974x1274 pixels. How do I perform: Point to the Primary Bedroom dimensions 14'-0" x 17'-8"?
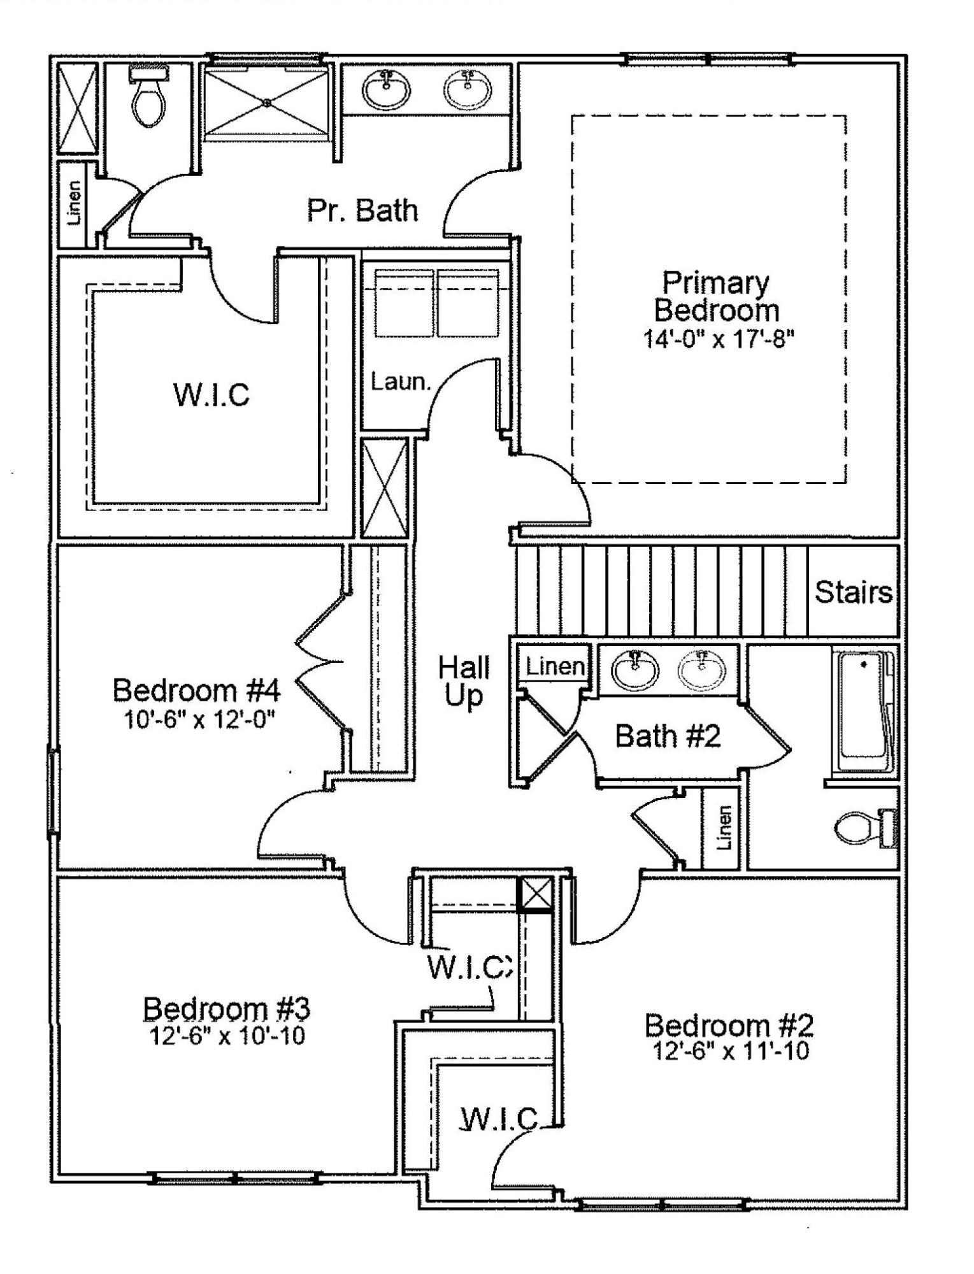point(719,338)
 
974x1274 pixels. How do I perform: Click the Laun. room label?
point(401,382)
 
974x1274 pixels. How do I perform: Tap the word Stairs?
point(854,592)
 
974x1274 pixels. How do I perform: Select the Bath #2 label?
point(668,736)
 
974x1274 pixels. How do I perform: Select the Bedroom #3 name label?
point(227,1008)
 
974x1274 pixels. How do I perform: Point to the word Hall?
point(464,668)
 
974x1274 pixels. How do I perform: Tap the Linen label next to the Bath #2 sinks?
point(555,667)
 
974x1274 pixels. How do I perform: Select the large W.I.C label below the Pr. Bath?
point(211,394)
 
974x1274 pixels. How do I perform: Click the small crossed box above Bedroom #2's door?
point(536,894)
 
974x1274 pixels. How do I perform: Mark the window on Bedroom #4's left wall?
point(54,791)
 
